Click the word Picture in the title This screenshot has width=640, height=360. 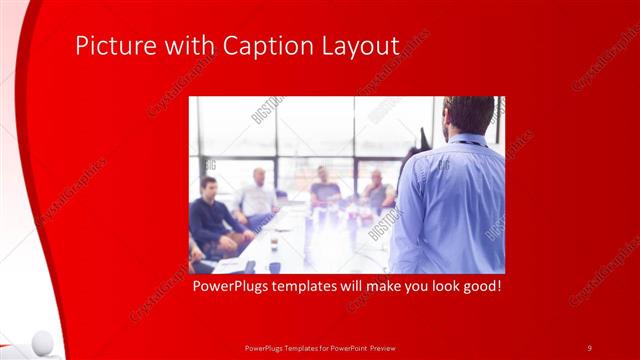pyautogui.click(x=111, y=47)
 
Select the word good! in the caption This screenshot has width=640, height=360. pyautogui.click(x=479, y=286)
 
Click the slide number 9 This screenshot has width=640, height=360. pyautogui.click(x=589, y=347)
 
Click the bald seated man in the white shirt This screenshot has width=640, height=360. pyautogui.click(x=257, y=195)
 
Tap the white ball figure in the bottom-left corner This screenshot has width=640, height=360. pyautogui.click(x=40, y=342)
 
